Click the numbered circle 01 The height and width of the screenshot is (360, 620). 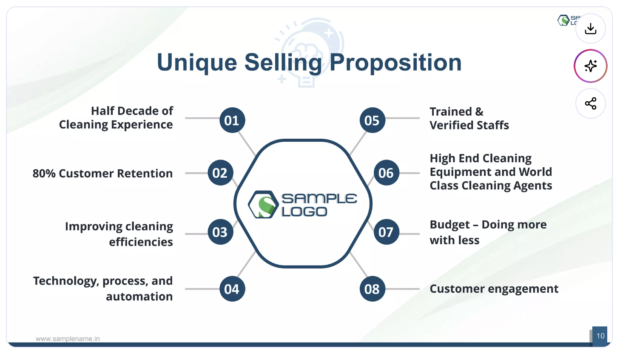point(232,120)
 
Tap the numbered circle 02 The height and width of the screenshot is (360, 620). point(221,173)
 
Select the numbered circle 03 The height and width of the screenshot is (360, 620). point(221,232)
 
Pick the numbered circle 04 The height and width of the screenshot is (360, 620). point(232,289)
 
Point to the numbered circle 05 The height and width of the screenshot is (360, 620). point(373,120)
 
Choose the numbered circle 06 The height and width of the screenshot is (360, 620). point(387,173)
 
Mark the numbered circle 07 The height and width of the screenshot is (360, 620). point(387,232)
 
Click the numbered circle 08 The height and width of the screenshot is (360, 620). point(373,289)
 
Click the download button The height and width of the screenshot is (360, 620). point(590,29)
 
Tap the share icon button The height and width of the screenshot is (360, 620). point(590,103)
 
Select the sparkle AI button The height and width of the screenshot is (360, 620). point(590,66)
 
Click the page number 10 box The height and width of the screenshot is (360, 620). point(600,336)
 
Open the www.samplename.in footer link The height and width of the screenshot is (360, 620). point(68,339)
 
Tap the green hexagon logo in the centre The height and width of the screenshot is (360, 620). point(263,204)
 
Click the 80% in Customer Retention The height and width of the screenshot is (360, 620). point(44,173)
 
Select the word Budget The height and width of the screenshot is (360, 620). point(450,225)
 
